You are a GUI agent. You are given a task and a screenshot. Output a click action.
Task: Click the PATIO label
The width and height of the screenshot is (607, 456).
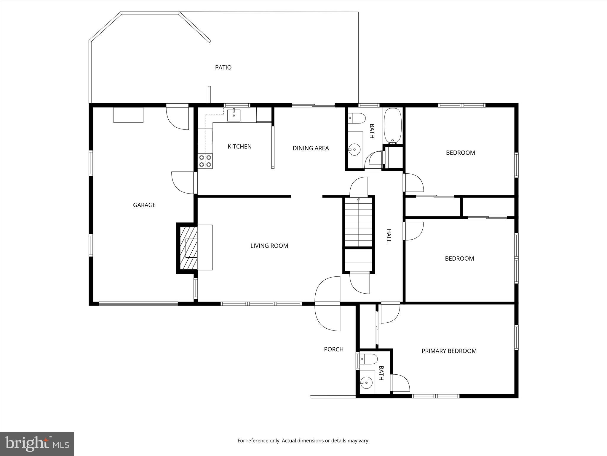click(x=223, y=67)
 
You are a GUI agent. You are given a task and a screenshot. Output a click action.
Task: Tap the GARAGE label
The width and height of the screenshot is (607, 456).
click(x=144, y=205)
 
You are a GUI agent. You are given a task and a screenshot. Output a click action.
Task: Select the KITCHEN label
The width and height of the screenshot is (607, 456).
click(x=239, y=146)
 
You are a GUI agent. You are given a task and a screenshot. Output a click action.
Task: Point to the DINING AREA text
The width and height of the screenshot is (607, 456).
click(x=311, y=148)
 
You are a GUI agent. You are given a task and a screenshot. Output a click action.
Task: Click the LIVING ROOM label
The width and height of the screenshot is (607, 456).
click(x=269, y=246)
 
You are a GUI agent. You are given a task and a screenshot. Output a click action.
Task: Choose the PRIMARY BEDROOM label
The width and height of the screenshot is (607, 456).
click(x=449, y=351)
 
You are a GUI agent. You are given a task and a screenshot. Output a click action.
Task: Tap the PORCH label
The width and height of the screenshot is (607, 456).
click(x=333, y=349)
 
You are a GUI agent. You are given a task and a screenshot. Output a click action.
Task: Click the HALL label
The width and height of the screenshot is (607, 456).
click(x=389, y=235)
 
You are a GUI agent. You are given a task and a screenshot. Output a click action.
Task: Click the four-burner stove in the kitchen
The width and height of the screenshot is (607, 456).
click(x=205, y=161)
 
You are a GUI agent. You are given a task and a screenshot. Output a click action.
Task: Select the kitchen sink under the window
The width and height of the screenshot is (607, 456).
click(x=234, y=115)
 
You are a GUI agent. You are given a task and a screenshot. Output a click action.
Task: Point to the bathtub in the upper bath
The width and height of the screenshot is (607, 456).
click(x=393, y=126)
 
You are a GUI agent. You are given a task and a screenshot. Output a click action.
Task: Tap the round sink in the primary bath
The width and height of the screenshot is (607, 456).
click(x=366, y=383)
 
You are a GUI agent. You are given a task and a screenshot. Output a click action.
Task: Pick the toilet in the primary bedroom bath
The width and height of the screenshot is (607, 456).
click(x=368, y=359)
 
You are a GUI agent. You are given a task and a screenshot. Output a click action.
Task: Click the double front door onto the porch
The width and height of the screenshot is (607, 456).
click(x=328, y=303)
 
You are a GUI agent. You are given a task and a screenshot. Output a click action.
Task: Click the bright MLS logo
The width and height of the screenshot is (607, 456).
click(x=37, y=444)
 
